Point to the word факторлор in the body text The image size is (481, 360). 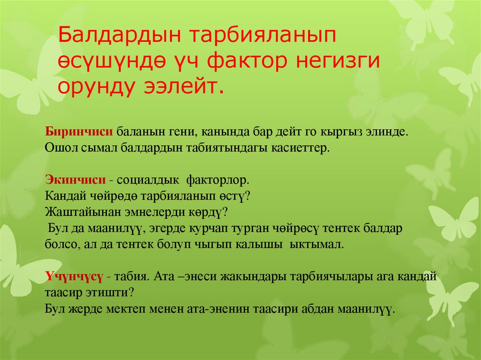[x=217, y=180]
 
